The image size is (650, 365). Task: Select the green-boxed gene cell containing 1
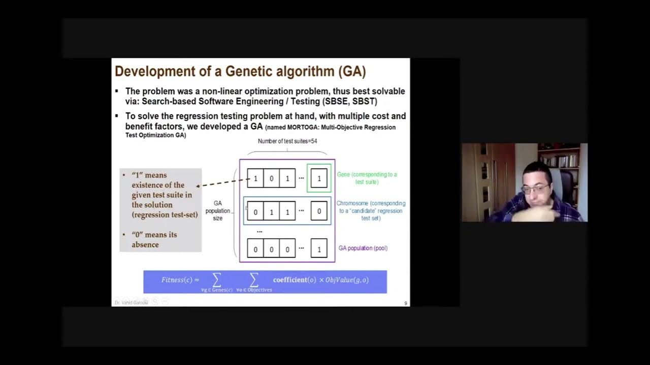[319, 178]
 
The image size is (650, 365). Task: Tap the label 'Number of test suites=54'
[287, 141]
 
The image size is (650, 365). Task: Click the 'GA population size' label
[218, 210]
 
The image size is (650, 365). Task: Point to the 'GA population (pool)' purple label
[363, 248]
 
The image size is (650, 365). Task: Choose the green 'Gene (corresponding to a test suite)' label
[367, 178]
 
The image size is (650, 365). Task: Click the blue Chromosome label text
[371, 210]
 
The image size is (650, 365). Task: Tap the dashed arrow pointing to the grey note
[223, 182]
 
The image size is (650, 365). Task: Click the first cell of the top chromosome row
[255, 178]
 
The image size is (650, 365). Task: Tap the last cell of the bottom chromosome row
[319, 248]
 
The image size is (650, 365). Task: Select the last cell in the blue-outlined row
[319, 211]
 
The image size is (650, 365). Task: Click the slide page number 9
[405, 303]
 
